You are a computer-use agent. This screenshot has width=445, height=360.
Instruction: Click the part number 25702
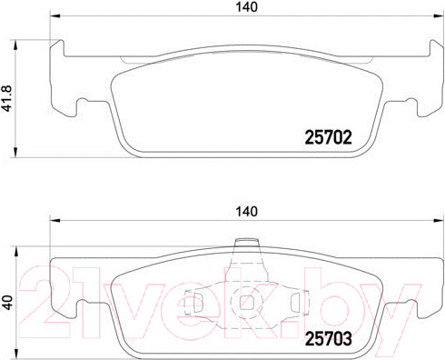pos(328,137)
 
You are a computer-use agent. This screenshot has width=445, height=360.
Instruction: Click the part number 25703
pos(328,339)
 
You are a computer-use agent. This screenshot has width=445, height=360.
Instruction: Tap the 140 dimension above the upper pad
pos(247,7)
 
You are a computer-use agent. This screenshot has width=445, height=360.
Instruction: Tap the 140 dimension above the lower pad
pos(247,212)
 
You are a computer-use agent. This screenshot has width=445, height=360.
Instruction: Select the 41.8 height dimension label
pos(6,98)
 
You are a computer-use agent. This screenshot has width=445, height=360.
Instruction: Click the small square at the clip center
pos(246,302)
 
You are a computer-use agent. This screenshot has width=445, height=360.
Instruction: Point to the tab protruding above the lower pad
pos(247,244)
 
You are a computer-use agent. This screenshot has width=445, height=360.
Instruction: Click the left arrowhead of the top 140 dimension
pos(55,15)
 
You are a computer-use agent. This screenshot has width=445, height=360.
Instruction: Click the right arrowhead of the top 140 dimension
pos(439,15)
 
